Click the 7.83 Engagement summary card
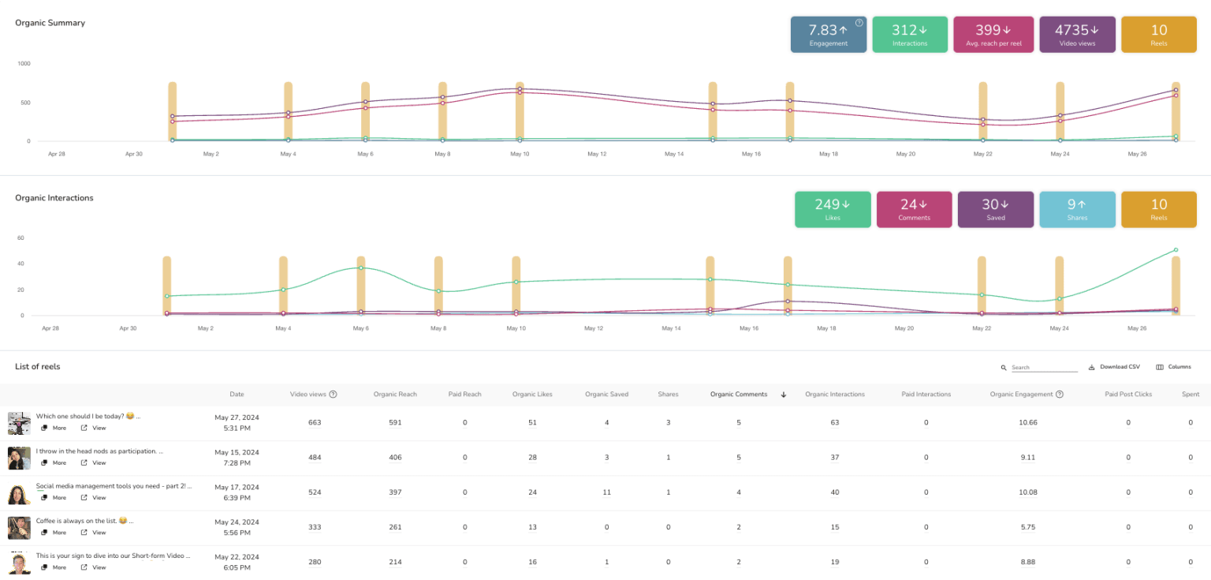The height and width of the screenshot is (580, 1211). coord(828,35)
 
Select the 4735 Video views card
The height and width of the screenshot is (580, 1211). coord(1077,35)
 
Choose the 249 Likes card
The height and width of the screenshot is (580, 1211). coord(833,209)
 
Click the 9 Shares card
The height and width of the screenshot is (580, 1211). coord(1077,209)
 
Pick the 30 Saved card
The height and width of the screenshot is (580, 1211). coord(995,209)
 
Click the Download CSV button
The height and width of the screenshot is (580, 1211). coord(1114,367)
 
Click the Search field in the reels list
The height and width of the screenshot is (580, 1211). coord(1044,368)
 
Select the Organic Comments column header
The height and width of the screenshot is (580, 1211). coord(739,395)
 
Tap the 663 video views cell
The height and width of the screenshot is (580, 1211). coord(315,423)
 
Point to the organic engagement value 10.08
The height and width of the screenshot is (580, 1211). coord(1028,492)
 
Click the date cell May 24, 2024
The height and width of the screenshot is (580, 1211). coord(237,527)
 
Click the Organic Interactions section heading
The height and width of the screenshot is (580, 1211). coord(54,198)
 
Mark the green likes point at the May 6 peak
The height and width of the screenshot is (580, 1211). coord(361,268)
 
